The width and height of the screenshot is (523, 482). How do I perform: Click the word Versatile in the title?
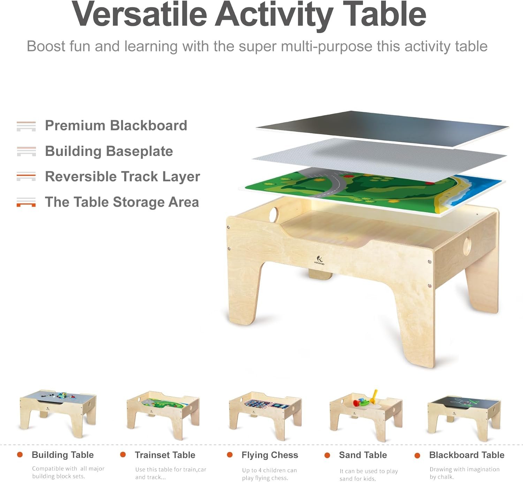tap(139, 15)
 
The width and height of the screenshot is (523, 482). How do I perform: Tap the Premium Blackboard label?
tap(116, 126)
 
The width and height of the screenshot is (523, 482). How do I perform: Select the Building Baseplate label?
tap(109, 151)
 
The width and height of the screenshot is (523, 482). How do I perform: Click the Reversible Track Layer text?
tap(122, 176)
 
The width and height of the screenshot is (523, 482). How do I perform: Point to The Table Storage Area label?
tap(122, 202)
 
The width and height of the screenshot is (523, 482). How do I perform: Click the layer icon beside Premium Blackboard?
tap(26, 126)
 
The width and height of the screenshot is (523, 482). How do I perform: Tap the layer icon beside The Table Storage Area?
tap(26, 202)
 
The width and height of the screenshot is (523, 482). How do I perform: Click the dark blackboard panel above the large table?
tap(384, 127)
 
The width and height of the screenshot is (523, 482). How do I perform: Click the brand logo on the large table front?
tap(319, 260)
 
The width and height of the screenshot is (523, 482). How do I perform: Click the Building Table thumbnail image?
tap(58, 413)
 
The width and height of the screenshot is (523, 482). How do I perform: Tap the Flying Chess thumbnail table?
tap(265, 415)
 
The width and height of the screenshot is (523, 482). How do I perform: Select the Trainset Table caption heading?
tap(165, 455)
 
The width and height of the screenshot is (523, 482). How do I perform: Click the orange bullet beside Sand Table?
tap(327, 455)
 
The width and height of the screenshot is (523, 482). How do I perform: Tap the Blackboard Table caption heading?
tap(467, 455)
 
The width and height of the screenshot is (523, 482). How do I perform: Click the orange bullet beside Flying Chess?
tap(230, 455)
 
